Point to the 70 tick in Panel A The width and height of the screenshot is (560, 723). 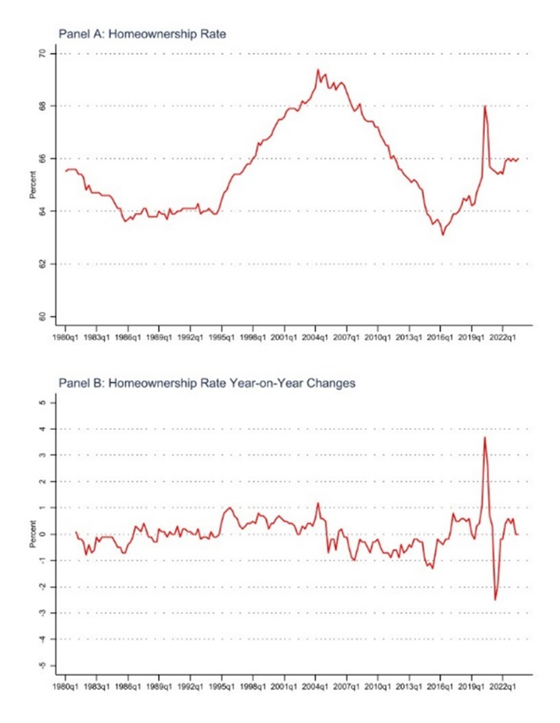coord(44,53)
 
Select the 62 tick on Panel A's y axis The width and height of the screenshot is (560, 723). coord(44,264)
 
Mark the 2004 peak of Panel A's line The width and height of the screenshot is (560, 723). coord(318,70)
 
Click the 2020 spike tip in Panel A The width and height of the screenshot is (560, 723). coord(485,106)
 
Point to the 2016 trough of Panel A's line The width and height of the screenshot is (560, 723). coord(443,234)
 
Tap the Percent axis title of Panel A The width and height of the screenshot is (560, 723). coord(32,184)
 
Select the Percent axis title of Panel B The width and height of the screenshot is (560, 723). coord(32,534)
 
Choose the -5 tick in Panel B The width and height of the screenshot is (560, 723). coord(44,665)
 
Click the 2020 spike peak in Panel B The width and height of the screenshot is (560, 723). coord(485,437)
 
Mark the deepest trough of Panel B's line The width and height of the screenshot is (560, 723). coord(495,600)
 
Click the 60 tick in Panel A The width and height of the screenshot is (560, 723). coord(44,317)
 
